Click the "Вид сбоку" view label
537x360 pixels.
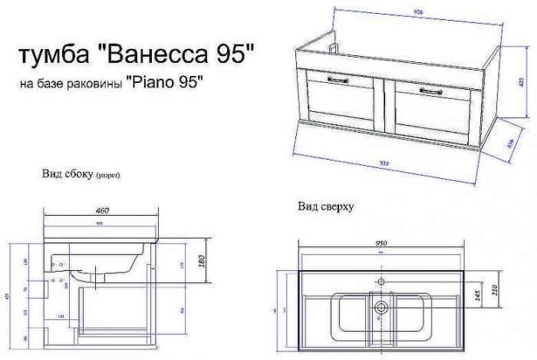coord(68,174)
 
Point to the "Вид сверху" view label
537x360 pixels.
coord(325,207)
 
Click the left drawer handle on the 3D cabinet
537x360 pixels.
coord(338,79)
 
